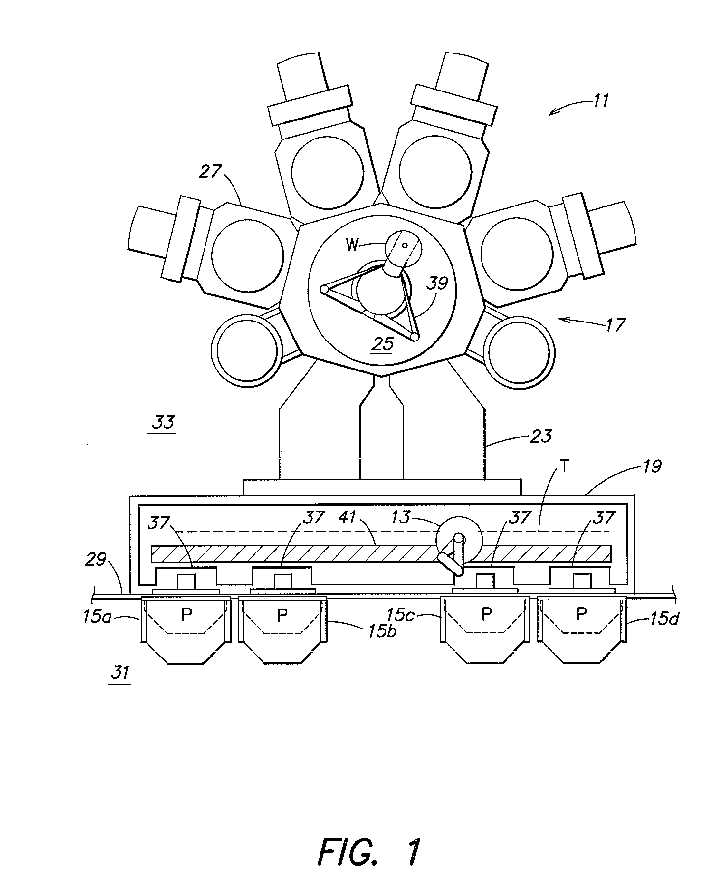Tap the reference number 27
[x=210, y=171]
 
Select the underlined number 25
[x=382, y=343]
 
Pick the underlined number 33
[x=163, y=422]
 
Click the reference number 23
[x=540, y=436]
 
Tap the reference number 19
[x=652, y=466]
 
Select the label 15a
[x=97, y=617]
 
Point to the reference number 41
[x=347, y=517]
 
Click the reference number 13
[x=400, y=517]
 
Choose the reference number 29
[x=96, y=559]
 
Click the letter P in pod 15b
[x=282, y=615]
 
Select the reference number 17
[x=616, y=325]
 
